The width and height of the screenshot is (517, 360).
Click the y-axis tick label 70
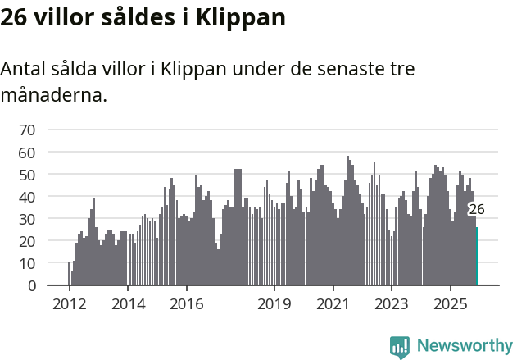[x=27, y=130]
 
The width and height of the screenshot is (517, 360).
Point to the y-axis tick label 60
[x=27, y=153]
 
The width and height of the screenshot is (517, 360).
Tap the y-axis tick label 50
[x=27, y=175]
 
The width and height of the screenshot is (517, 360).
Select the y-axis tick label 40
[x=27, y=197]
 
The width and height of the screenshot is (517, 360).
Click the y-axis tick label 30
[x=27, y=219]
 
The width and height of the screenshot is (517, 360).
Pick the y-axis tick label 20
[x=27, y=241]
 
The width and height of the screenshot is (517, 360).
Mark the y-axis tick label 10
[x=27, y=263]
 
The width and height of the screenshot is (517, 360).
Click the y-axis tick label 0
[x=31, y=285]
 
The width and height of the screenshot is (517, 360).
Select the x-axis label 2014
[x=127, y=304]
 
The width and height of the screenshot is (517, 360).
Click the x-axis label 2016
[x=186, y=304]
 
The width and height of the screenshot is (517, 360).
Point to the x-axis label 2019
[x=274, y=304]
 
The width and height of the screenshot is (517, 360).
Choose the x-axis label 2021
[x=333, y=304]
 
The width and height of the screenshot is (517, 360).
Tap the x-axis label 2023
[x=392, y=304]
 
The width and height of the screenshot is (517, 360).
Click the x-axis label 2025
[x=451, y=304]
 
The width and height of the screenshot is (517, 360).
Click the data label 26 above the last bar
[x=476, y=209]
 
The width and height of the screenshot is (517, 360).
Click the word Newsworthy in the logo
[x=464, y=345]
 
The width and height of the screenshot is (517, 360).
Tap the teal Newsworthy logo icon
[x=400, y=347]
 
